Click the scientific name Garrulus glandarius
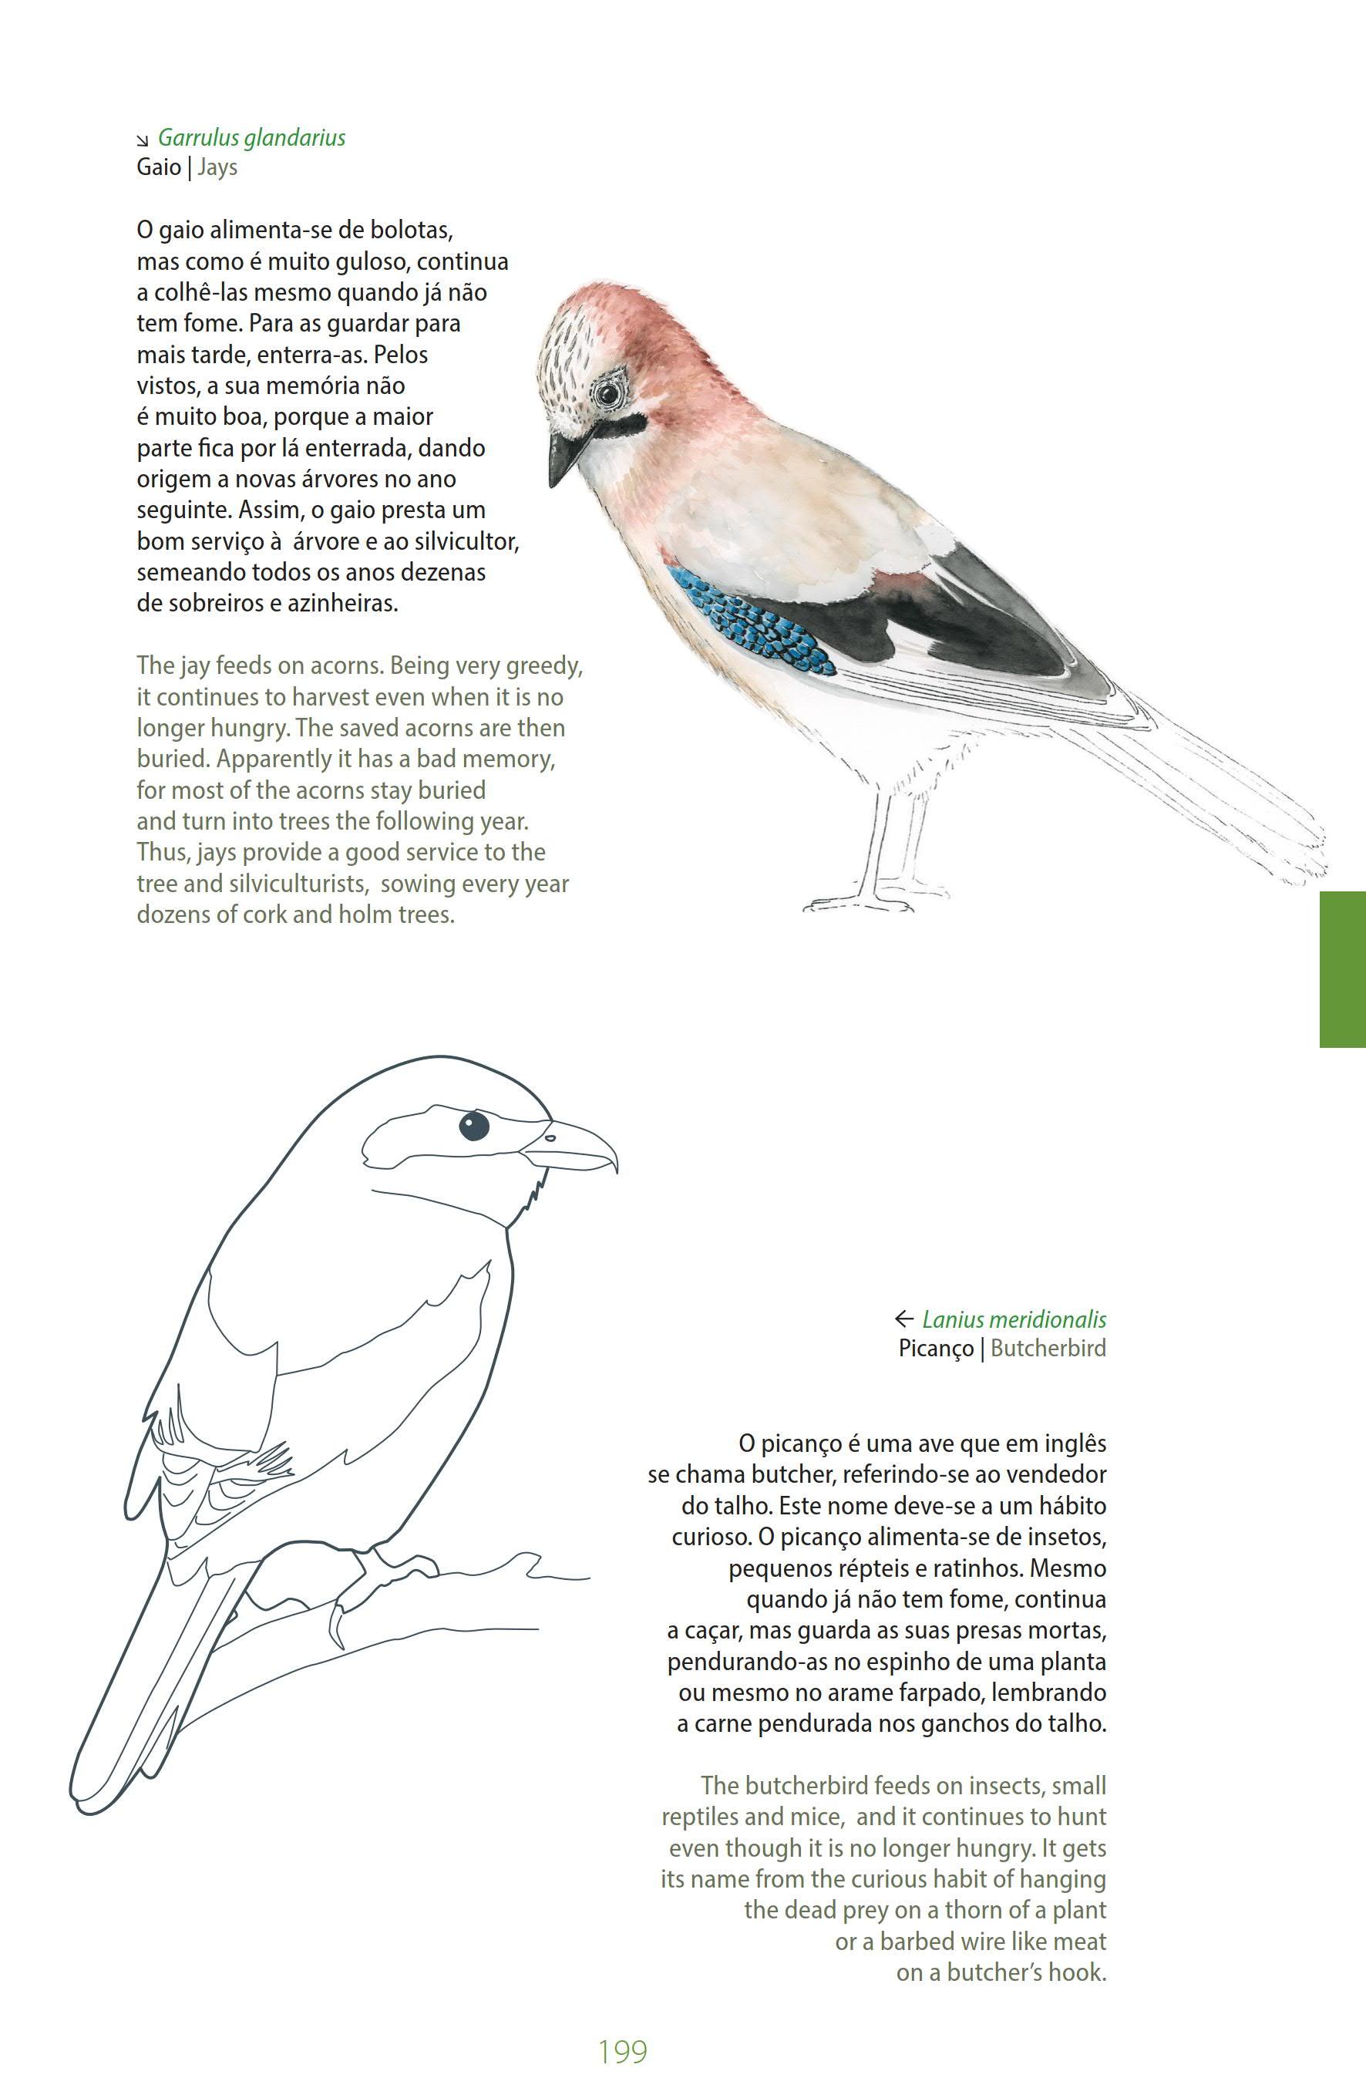252,137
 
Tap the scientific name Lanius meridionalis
1014,1319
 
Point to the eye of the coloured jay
607,393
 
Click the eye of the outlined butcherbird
473,1124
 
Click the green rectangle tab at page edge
1342,968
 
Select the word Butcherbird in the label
1048,1349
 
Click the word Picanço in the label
936,1349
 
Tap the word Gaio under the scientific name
159,167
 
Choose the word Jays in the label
217,167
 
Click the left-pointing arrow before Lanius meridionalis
903,1319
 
